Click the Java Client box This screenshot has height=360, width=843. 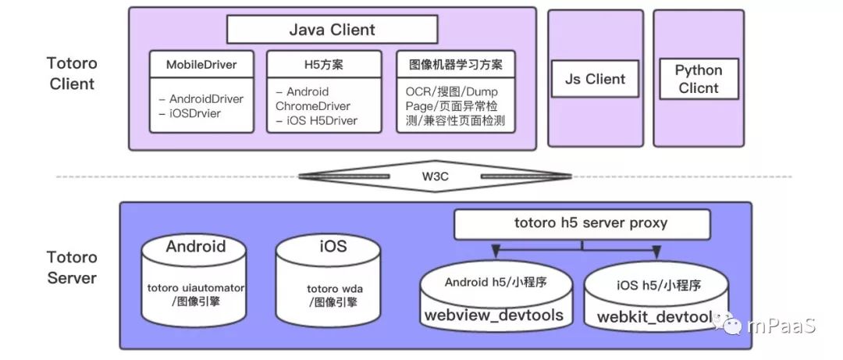[x=332, y=30]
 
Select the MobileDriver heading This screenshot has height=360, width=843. [x=201, y=65]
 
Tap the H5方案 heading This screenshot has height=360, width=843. [x=324, y=65]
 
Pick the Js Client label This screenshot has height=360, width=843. [x=595, y=79]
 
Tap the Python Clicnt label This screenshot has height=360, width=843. [x=699, y=80]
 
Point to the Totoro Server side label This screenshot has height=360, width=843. [x=72, y=267]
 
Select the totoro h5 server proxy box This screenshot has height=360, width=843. [x=582, y=223]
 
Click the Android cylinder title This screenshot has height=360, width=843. [x=195, y=247]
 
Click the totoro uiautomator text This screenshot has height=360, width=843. [x=196, y=287]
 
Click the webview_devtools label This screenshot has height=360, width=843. [x=493, y=315]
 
